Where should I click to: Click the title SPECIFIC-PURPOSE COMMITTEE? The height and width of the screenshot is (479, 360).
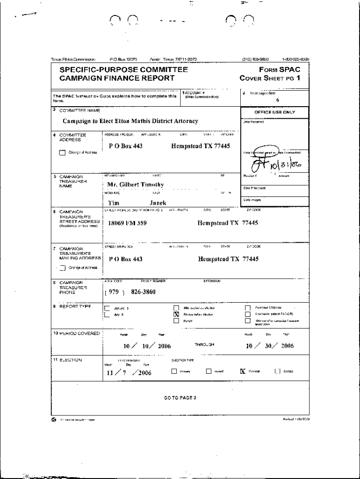123,70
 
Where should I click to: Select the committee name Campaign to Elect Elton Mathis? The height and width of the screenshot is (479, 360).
130,121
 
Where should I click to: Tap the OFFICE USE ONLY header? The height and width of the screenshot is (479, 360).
274,112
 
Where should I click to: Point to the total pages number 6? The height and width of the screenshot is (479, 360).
277,100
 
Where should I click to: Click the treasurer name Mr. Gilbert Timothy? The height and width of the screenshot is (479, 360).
136,185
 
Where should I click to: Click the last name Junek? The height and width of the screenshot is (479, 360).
158,203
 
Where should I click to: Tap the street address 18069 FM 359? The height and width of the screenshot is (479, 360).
127,223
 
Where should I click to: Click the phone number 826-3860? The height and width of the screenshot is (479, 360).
143,292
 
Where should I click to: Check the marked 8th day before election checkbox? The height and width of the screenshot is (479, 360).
176,314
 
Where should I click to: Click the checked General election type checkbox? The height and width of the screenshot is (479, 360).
243,371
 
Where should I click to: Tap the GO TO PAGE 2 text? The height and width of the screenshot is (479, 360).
180,398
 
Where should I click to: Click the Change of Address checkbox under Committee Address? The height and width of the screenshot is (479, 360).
62,152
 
